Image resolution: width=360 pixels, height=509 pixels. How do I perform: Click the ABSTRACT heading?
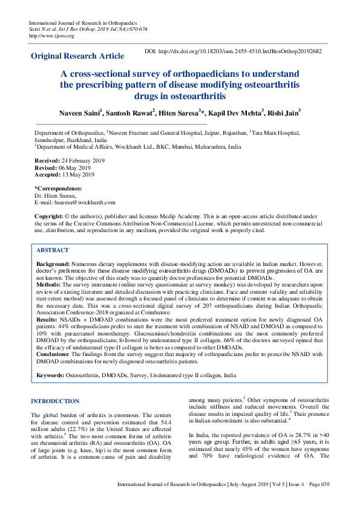[53, 250]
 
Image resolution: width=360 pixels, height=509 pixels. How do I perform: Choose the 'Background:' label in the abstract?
[53, 264]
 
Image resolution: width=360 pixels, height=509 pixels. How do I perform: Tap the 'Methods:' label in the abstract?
[48, 284]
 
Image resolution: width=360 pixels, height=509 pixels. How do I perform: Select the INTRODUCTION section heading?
[55, 401]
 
